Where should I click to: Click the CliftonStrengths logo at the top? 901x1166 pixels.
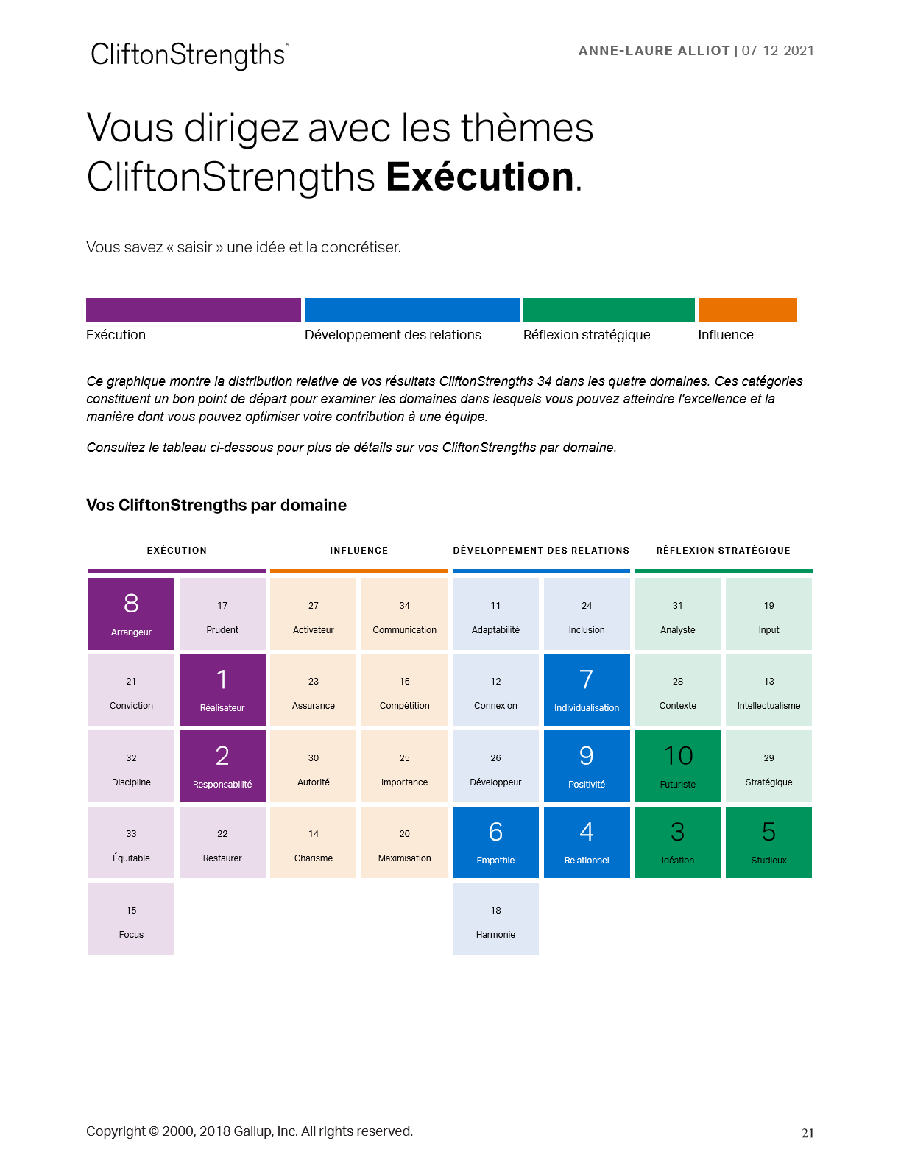[189, 55]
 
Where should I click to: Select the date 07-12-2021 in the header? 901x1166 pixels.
[777, 51]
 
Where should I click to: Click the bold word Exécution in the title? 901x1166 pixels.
[479, 177]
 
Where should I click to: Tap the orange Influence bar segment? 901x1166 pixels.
[747, 310]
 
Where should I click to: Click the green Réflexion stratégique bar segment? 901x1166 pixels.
[609, 310]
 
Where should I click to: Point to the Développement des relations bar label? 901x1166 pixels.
[392, 335]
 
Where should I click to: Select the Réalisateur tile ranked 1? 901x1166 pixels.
[222, 690]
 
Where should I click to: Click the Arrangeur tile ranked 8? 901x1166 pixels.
[131, 614]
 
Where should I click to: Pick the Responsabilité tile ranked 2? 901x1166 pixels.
[222, 766]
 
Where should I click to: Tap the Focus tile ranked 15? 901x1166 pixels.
[131, 919]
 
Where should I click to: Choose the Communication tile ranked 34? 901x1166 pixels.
[404, 614]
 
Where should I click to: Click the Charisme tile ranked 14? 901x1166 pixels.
[313, 842]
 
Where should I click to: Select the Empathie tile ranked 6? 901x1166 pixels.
[495, 842]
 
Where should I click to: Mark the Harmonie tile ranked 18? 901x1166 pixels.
[495, 919]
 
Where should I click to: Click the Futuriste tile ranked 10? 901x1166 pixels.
[677, 766]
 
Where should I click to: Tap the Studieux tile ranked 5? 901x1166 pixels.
[768, 842]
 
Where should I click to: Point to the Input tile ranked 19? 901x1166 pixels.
[768, 614]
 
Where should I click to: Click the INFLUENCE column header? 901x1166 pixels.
[358, 551]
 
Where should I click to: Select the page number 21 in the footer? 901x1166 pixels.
[808, 1133]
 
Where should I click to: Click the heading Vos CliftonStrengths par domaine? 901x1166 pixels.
[216, 505]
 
